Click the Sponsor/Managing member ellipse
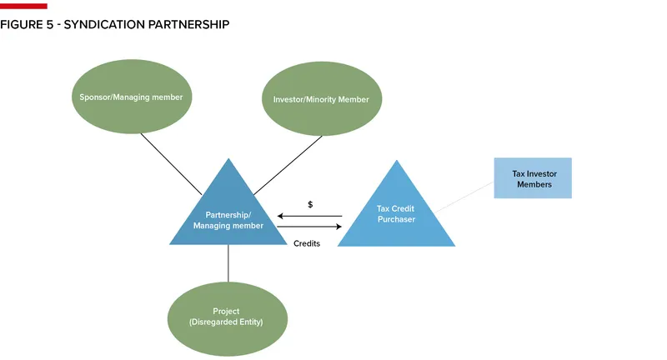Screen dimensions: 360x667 pos(131,97)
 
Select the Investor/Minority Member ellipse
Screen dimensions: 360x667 pos(321,99)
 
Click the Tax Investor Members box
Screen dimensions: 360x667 pos(533,178)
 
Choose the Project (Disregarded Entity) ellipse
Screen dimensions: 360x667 pos(228,317)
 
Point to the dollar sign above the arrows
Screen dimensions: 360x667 pos(310,204)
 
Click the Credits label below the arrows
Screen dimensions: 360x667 pos(307,243)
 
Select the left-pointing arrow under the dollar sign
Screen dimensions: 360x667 pos(309,216)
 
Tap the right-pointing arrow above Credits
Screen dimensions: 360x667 pos(309,226)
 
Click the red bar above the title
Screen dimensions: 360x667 pos(23,6)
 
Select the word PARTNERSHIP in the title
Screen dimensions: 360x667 pos(188,25)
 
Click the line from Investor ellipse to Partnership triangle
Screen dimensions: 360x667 pos(288,165)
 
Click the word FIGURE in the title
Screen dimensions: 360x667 pos(21,25)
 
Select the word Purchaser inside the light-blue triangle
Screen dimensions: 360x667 pos(396,219)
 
